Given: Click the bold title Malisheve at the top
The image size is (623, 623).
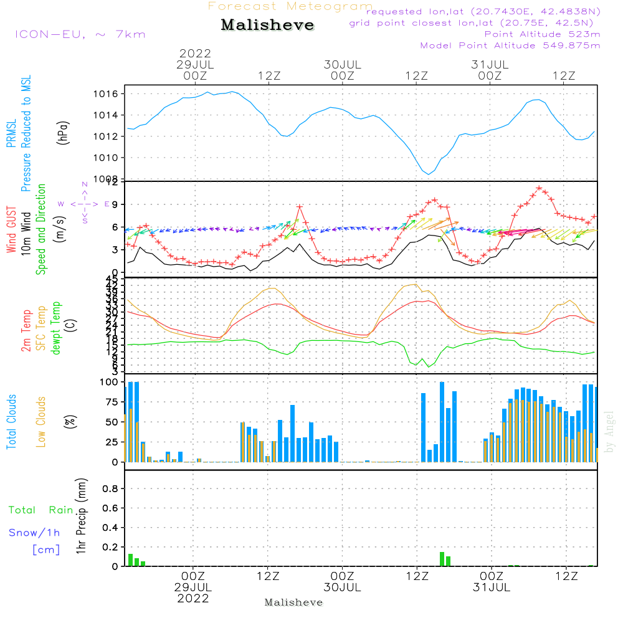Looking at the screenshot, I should [x=268, y=26].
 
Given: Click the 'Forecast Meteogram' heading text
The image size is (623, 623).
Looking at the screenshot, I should [x=290, y=7].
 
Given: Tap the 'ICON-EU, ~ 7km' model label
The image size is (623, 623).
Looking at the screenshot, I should [x=80, y=34].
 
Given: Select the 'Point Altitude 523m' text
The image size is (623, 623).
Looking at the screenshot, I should [x=542, y=34].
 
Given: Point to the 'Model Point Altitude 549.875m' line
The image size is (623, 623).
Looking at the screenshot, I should [x=510, y=45].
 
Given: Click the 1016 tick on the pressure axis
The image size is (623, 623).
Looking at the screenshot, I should [x=112, y=94].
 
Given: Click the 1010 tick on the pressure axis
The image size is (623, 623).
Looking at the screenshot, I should [x=112, y=158].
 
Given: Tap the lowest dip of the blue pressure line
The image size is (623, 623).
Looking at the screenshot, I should [x=428, y=174].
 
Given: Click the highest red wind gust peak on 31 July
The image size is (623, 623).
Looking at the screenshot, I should [x=539, y=188].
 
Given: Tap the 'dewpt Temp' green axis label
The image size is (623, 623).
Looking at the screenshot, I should [x=57, y=328].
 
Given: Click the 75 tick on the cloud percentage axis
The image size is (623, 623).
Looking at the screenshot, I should [x=112, y=402].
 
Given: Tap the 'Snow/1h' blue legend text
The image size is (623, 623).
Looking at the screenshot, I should [x=34, y=533].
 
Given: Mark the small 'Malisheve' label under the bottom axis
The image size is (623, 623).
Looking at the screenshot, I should [x=293, y=602].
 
